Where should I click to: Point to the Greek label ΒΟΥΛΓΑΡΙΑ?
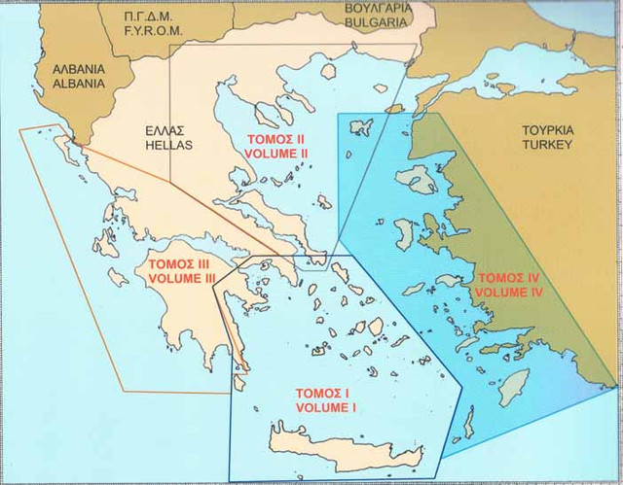(x=371, y=8)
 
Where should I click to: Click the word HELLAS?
(x=172, y=145)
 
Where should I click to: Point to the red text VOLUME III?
(x=182, y=279)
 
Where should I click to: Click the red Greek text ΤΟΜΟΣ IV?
(x=507, y=277)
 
